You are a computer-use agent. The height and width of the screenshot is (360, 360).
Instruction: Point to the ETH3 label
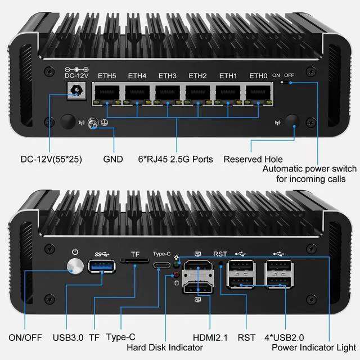167,75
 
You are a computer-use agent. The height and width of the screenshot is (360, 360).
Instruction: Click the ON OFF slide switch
286,82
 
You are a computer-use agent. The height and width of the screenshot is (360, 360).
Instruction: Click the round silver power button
74,267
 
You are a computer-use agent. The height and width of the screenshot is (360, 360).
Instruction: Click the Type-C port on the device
161,264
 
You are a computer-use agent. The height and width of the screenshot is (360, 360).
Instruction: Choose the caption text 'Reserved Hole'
253,159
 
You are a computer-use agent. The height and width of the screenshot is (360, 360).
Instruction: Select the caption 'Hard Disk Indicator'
165,348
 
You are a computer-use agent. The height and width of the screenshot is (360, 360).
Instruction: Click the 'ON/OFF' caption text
26,337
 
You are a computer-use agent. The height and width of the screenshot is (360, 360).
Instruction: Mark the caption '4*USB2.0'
284,337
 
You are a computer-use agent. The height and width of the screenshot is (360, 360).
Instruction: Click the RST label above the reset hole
220,254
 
